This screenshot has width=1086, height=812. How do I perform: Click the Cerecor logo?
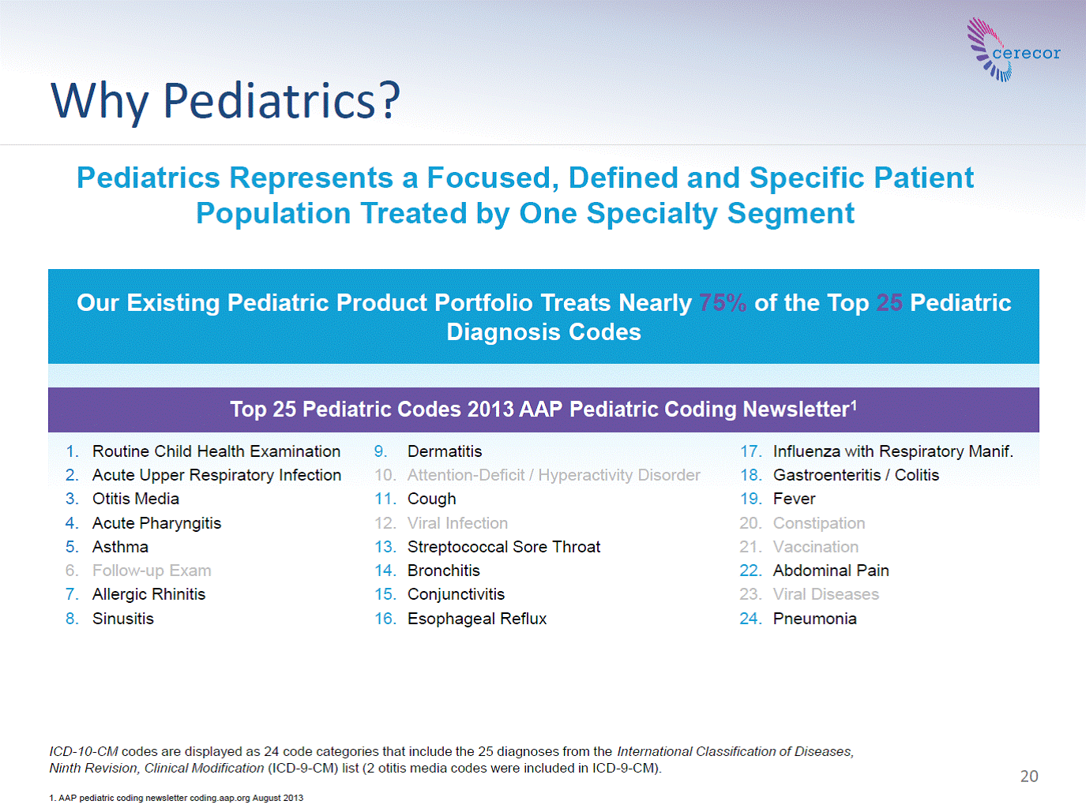[x=1013, y=50]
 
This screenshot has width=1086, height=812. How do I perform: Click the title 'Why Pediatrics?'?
[x=225, y=101]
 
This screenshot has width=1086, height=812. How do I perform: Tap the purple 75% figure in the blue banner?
[x=723, y=302]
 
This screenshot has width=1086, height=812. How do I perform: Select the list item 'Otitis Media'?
[x=136, y=499]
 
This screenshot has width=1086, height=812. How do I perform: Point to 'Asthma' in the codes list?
[x=120, y=547]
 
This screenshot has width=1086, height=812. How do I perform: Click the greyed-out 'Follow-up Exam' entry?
[x=152, y=571]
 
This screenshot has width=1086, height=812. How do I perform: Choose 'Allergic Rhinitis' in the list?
[x=149, y=594]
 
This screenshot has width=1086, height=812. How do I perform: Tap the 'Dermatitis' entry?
[x=445, y=451]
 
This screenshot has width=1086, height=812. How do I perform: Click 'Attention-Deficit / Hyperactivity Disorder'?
[x=554, y=475]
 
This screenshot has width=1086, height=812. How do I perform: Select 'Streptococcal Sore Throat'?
[x=504, y=547]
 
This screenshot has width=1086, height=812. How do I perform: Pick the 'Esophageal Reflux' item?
[x=477, y=618]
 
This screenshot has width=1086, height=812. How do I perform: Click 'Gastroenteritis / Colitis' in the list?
[x=856, y=475]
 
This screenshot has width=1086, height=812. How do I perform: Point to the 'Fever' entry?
[x=794, y=499]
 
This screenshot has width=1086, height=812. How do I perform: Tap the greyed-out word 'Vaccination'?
[x=816, y=547]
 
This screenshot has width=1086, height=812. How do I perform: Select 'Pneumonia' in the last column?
[x=815, y=618]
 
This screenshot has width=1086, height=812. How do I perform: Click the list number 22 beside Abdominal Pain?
[x=750, y=571]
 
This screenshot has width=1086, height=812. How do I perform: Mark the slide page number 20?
[x=1029, y=776]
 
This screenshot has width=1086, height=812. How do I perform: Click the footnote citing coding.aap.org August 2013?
[x=176, y=798]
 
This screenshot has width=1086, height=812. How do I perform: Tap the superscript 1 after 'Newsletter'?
[x=854, y=406]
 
